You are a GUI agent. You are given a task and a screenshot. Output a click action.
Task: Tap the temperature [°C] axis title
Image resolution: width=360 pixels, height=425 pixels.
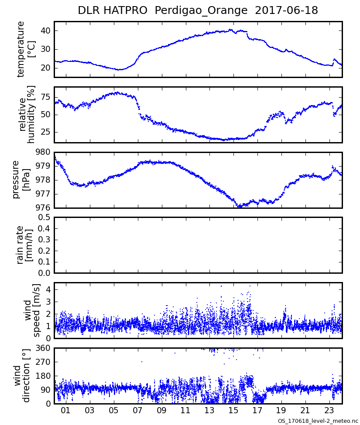26,49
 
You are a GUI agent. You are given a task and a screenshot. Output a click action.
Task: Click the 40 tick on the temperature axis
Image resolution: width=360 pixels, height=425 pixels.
45,31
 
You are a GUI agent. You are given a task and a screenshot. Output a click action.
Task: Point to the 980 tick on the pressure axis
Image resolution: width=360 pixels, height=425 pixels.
43,152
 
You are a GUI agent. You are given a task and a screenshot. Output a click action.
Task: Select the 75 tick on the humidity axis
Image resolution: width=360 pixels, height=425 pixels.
45,96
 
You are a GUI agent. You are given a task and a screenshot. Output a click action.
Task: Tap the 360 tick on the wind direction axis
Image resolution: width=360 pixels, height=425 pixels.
43,348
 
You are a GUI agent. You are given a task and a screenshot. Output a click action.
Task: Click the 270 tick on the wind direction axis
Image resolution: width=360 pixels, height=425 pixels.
43,362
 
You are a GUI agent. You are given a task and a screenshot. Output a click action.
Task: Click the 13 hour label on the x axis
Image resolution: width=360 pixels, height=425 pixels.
209,411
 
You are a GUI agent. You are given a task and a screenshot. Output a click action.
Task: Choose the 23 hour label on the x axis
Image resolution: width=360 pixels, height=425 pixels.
329,411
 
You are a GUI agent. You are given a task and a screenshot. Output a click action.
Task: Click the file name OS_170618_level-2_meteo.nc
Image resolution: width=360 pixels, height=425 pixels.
318,421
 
